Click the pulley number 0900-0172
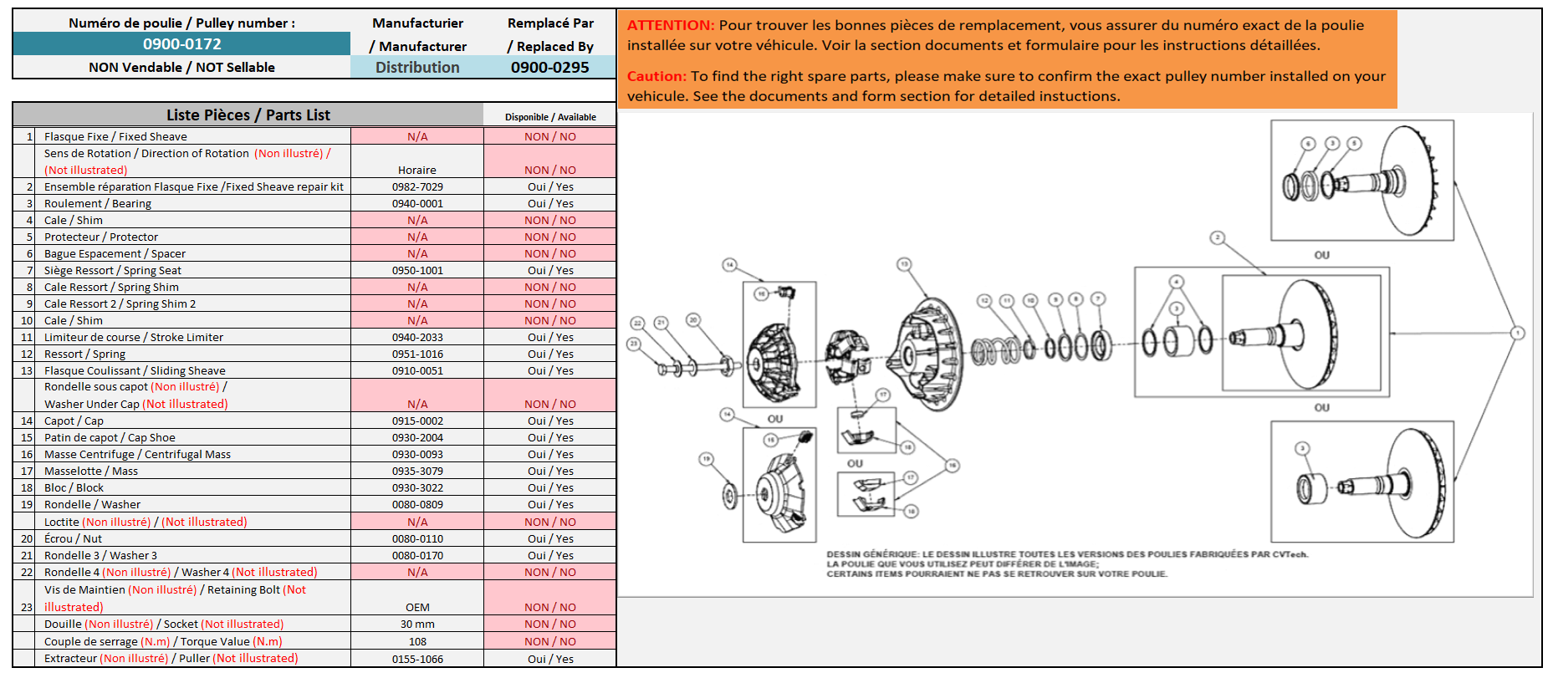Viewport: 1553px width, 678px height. [181, 44]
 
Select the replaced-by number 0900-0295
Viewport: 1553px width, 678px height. [549, 68]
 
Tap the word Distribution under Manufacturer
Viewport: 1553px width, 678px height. [417, 68]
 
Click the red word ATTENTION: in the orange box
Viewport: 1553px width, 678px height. [671, 26]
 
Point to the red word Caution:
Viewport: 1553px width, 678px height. [656, 76]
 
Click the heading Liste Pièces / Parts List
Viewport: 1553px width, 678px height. [248, 115]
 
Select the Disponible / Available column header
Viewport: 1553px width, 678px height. [550, 117]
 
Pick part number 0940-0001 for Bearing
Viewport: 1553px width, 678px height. [417, 204]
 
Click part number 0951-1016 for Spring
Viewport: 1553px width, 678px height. [417, 354]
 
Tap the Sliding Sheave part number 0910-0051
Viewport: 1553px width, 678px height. [417, 371]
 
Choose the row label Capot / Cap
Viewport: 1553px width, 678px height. [74, 421]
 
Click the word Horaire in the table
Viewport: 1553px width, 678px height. [417, 171]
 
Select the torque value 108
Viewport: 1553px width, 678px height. [417, 642]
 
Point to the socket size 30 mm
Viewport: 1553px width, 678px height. [417, 624]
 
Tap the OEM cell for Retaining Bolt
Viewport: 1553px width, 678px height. [417, 608]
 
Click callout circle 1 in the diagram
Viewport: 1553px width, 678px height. [1517, 333]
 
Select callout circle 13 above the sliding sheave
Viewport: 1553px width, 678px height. [904, 264]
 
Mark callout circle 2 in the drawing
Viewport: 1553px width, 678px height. [1218, 238]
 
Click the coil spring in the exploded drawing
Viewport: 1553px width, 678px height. [995, 349]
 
